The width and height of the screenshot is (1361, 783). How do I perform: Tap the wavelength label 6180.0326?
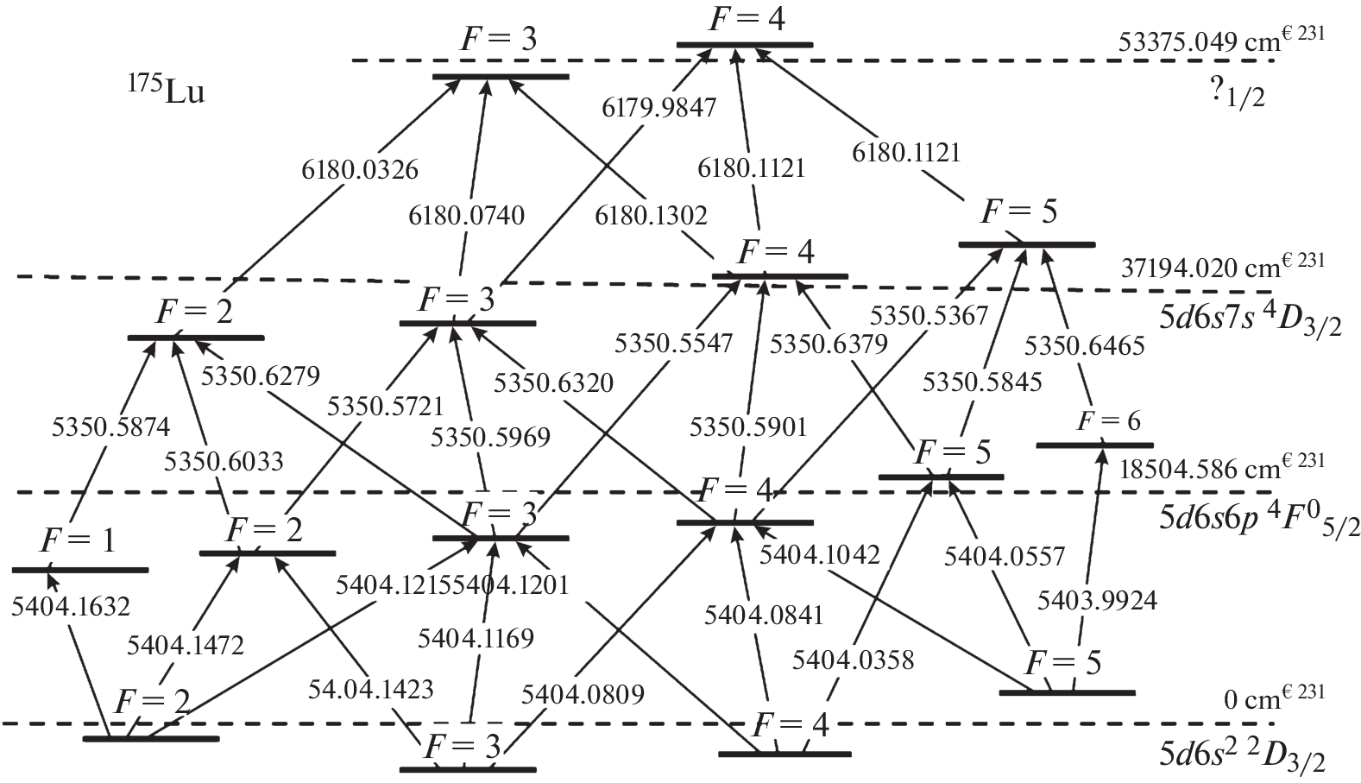pos(360,169)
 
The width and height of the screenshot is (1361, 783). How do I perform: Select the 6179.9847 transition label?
pos(659,107)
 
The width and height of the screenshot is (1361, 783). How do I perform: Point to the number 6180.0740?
pos(466,214)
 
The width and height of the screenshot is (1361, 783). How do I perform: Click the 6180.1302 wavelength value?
pos(651,215)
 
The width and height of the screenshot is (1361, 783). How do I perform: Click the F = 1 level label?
pos(78,541)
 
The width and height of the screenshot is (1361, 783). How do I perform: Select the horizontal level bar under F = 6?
pos(1093,445)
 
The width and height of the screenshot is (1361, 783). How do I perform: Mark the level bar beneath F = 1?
pos(80,570)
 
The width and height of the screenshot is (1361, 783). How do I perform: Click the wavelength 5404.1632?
pos(71,606)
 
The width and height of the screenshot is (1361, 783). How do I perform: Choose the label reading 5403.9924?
pos(1097,599)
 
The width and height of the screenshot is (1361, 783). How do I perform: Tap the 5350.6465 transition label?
pos(1084,345)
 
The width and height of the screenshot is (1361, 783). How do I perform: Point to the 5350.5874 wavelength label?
pos(111,426)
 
